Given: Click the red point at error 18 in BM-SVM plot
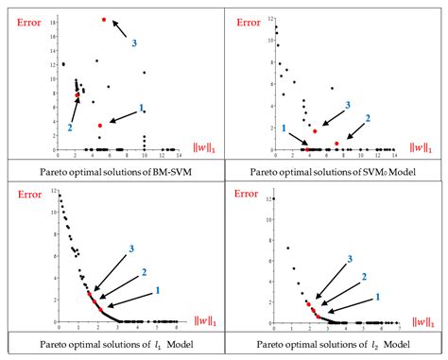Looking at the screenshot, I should coord(104,20).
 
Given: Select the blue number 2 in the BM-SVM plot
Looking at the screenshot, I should coord(70,127).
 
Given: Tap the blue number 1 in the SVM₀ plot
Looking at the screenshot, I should coord(284,128).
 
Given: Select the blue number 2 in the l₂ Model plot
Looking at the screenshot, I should coord(363,278).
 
